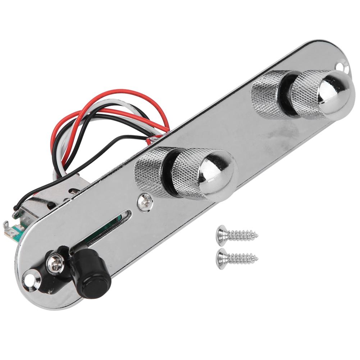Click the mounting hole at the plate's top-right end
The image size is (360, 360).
coord(340,65)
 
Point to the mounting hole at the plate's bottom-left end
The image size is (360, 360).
coord(28,278)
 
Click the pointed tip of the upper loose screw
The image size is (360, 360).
coord(256,236)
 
